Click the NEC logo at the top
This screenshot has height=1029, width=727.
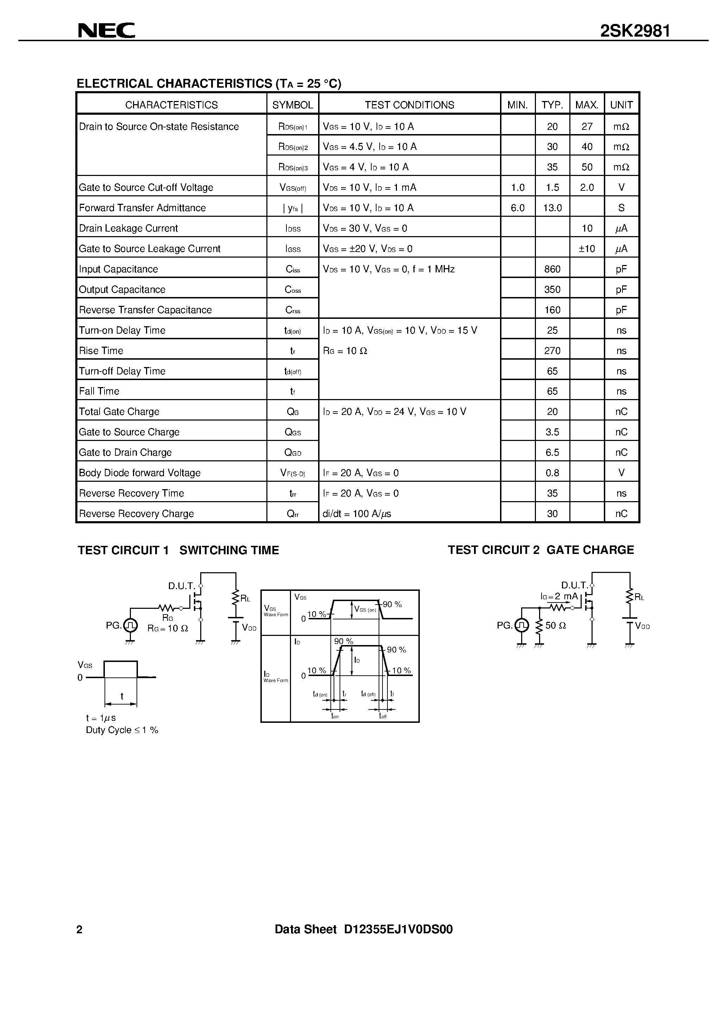106,31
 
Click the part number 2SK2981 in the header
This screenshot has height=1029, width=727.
635,31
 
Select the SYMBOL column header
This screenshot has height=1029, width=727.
293,105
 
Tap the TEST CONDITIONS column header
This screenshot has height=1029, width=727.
409,105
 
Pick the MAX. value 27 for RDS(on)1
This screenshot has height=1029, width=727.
587,127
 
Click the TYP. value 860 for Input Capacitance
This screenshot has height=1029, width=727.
552,269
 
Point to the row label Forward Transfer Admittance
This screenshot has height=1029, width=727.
142,208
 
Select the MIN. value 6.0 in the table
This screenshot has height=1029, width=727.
518,208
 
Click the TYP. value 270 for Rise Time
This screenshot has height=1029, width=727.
552,351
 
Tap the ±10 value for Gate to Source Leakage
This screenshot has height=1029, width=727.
587,249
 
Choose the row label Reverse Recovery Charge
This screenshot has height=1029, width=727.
136,513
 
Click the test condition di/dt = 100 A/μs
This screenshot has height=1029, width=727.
357,513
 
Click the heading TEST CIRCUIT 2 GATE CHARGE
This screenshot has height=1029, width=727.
540,550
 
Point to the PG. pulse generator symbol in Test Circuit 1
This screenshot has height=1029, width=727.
130,625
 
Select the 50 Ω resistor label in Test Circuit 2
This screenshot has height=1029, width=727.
555,625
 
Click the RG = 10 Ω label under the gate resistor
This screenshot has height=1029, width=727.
167,628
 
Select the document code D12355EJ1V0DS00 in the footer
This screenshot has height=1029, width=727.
398,929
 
